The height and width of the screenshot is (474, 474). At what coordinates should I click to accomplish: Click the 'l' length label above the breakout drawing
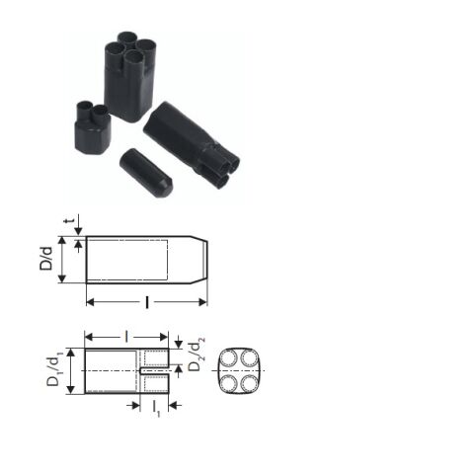coord(126,337)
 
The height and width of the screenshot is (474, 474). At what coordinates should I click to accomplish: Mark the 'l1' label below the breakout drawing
coord(155,407)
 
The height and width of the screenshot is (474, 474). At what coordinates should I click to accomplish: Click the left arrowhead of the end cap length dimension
coord(90,300)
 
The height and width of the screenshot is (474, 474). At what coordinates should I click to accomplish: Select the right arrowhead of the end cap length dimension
coord(203,300)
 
